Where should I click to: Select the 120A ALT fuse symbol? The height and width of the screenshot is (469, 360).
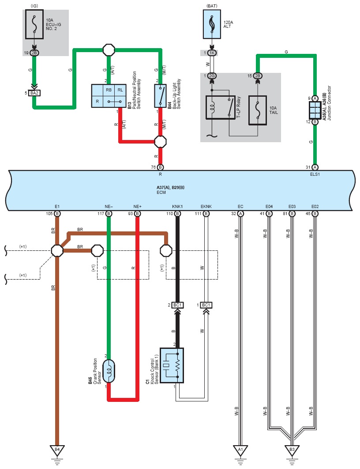tap(212, 25)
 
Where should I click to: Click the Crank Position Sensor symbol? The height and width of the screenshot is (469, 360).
tap(109, 371)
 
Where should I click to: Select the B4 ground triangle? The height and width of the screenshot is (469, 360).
tap(57, 450)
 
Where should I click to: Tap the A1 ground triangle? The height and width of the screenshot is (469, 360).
tap(240, 450)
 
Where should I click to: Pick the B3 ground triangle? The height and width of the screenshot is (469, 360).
tap(292, 450)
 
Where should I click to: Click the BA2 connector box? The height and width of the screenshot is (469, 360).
tap(34, 93)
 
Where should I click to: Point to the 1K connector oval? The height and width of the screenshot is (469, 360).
tap(212, 53)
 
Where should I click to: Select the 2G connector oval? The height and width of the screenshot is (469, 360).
tap(212, 76)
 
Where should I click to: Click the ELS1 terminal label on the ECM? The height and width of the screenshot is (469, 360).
tap(315, 174)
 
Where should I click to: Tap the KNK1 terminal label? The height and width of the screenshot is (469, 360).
tap(177, 206)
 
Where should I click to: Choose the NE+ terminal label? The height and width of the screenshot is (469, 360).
tap(137, 206)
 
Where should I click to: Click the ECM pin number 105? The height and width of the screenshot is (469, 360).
tap(49, 214)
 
